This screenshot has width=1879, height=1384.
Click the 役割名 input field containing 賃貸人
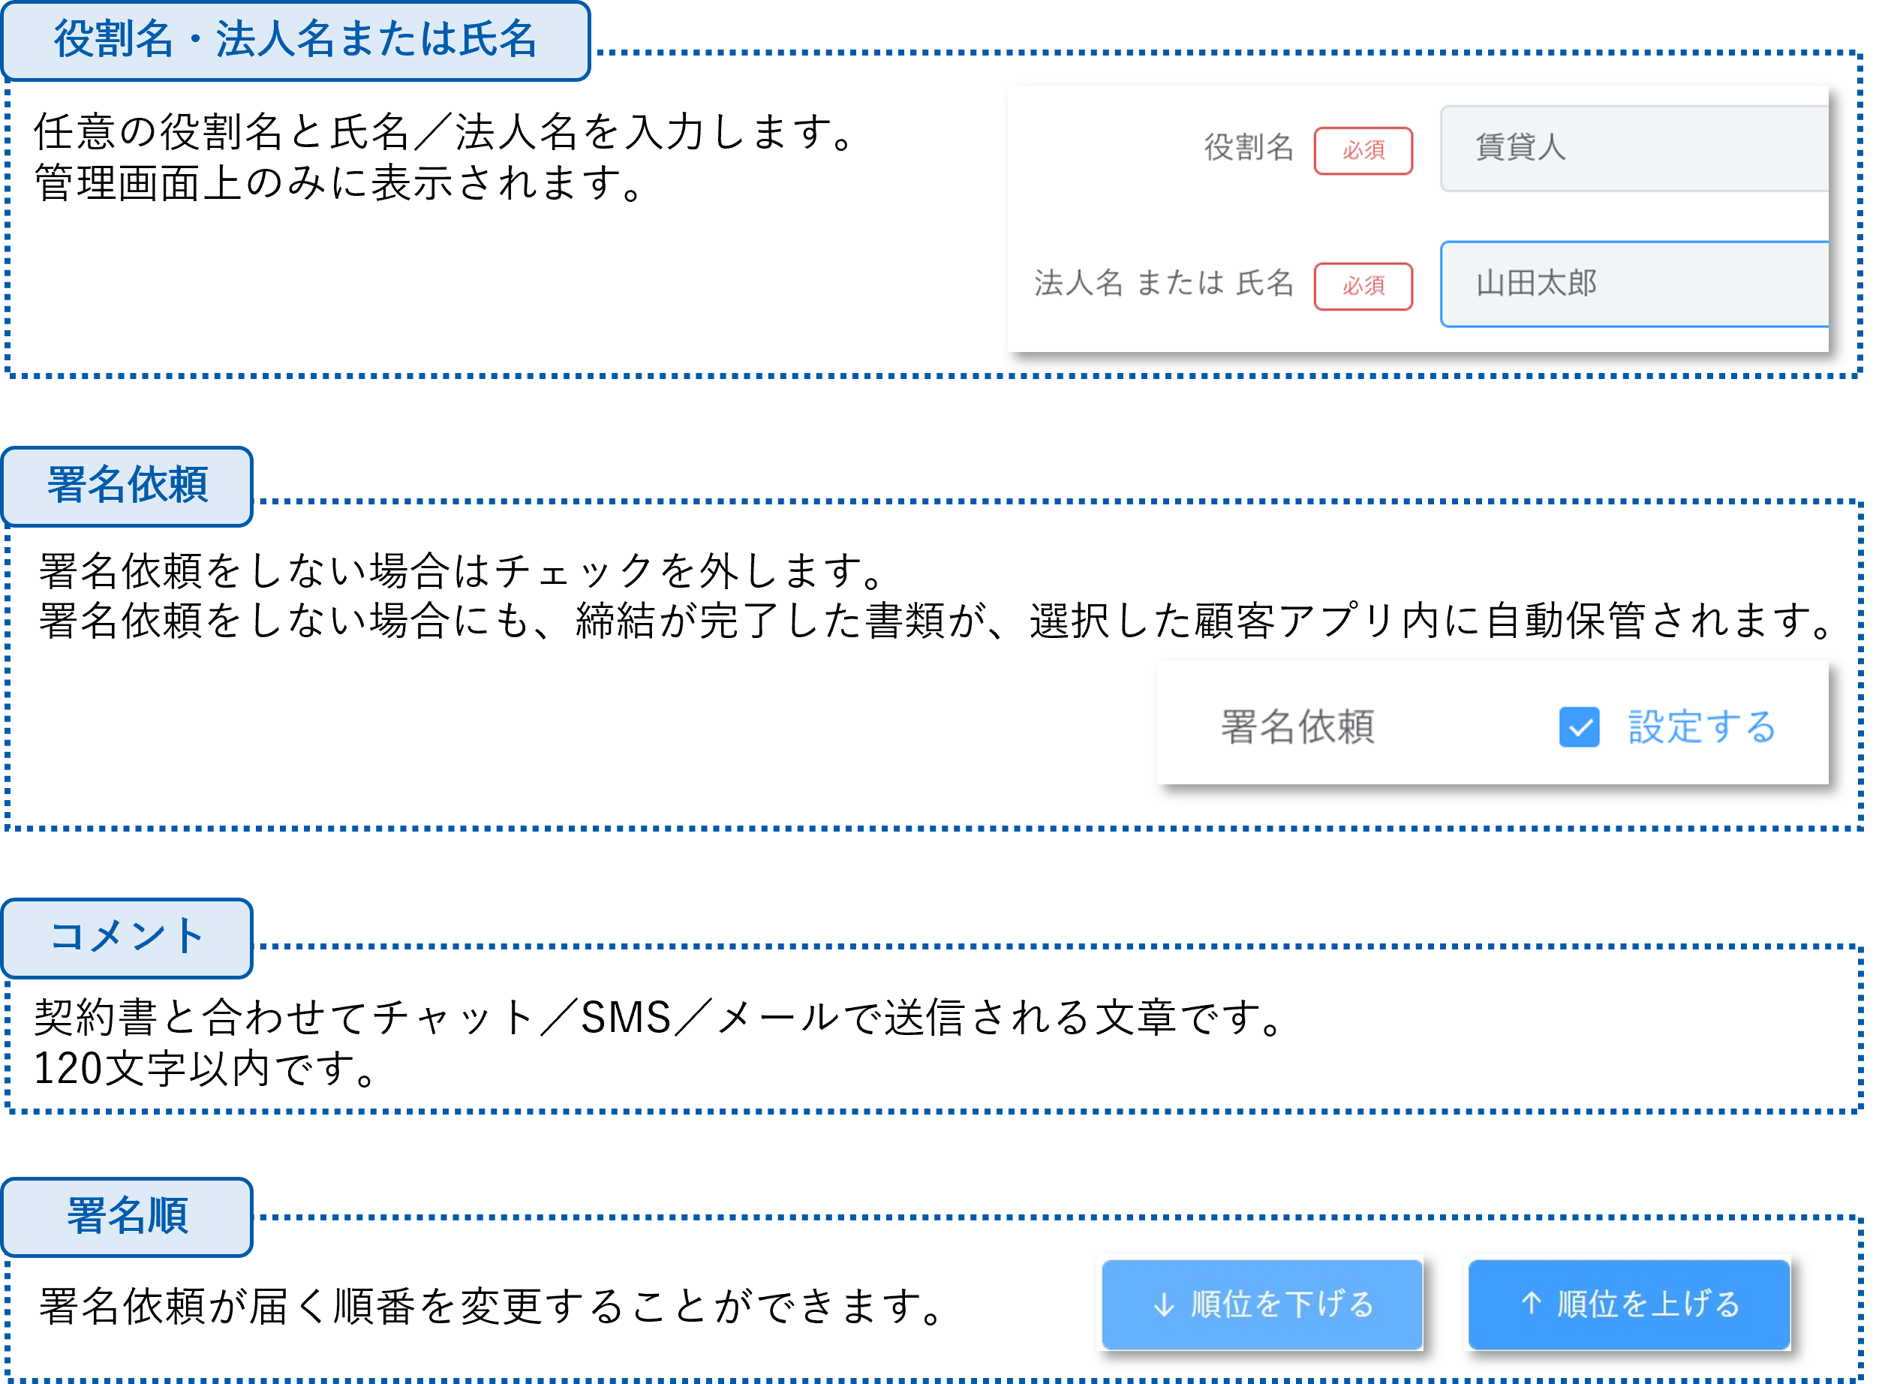pos(1634,149)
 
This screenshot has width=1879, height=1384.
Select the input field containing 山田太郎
pos(1634,284)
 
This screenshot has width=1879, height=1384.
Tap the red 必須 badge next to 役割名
pos(1363,151)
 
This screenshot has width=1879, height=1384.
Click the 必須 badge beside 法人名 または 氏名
pos(1363,287)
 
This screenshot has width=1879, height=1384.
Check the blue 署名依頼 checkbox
pos(1579,727)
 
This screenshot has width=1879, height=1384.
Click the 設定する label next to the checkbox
pos(1702,727)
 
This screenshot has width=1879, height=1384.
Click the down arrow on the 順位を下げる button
pos(1164,1304)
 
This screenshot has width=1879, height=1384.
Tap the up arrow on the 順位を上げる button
pos(1531,1303)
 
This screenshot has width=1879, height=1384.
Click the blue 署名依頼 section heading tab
pos(128,486)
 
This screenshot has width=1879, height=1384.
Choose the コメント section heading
pos(128,937)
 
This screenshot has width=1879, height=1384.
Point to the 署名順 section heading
pos(128,1217)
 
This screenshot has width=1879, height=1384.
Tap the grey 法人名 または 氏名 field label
pos(1165,284)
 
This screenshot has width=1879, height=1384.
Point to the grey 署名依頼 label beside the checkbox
pos(1297,727)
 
